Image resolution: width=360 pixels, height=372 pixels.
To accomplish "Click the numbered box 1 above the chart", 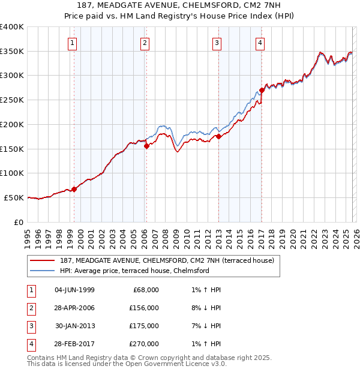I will point(72,42).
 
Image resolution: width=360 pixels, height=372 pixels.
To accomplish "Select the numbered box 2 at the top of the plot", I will point(145,42).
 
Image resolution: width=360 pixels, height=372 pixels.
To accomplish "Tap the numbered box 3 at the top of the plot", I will point(217,42).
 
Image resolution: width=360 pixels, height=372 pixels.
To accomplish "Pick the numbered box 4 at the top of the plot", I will point(260,42).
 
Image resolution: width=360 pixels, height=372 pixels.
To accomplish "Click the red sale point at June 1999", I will point(74,189).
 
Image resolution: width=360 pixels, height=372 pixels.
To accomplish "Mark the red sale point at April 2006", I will point(147,146).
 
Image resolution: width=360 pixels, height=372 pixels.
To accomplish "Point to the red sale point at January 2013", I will point(219,137).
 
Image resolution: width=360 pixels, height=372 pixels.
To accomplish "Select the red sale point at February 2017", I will point(262,91).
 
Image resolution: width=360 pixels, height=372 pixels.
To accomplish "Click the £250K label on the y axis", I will point(11,100).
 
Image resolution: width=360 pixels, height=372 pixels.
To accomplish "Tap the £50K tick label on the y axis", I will point(14,197).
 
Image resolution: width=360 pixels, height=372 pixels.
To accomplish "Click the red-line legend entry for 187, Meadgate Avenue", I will point(167,260).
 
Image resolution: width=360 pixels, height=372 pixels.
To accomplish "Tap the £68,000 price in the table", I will point(144,289).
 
